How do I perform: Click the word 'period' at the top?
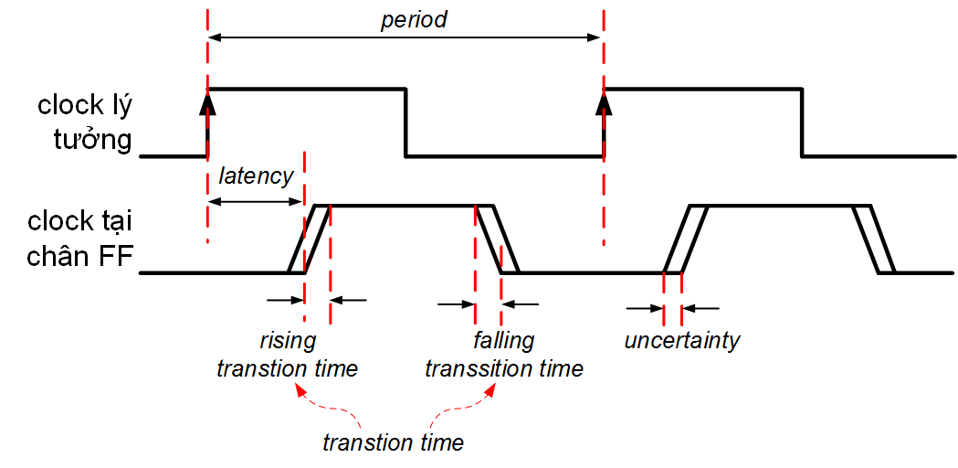click(x=414, y=19)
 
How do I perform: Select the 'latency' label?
click(x=257, y=176)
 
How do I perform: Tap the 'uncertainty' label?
click(x=681, y=341)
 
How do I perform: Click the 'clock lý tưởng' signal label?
click(x=85, y=122)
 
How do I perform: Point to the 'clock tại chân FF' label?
click(x=81, y=239)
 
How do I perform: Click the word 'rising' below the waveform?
click(x=287, y=341)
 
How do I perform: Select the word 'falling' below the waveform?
click(x=504, y=341)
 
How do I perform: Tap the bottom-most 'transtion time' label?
click(x=393, y=443)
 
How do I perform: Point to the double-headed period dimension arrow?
click(x=405, y=37)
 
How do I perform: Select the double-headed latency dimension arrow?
click(x=256, y=201)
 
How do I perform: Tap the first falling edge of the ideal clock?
click(x=405, y=122)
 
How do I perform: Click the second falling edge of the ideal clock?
click(x=802, y=122)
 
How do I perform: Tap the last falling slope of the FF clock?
click(x=874, y=239)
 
